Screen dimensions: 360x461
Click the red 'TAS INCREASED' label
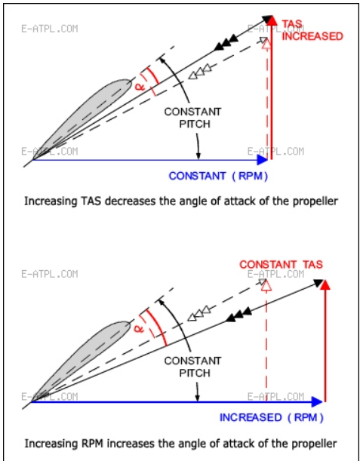312,30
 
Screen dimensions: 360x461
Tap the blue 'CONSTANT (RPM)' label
219,176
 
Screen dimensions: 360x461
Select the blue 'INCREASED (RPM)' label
272,418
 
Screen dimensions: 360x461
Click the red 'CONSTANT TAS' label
282,264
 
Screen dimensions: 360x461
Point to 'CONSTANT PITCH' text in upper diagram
192,118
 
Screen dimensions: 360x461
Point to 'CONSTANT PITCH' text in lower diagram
192,367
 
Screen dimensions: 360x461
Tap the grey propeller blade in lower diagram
82,361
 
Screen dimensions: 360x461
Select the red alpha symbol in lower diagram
139,327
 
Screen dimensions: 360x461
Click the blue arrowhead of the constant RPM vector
262,160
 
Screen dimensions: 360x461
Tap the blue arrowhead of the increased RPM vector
317,401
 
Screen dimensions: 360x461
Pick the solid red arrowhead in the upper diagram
272,20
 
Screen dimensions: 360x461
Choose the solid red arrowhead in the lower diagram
325,284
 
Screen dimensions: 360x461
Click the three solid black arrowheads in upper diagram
226,42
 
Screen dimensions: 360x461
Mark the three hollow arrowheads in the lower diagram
199,313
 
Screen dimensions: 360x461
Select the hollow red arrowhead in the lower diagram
266,285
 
